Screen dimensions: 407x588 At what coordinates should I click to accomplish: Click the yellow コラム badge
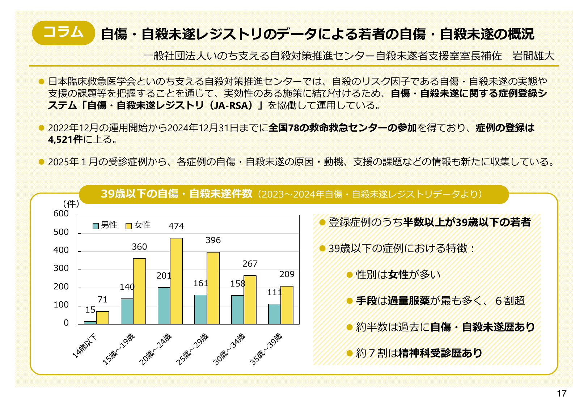(x=63, y=33)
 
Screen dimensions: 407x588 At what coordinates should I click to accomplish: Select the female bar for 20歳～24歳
(x=176, y=281)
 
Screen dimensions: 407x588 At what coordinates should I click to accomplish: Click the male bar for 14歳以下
(x=90, y=322)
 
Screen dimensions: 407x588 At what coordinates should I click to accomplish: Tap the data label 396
(x=213, y=240)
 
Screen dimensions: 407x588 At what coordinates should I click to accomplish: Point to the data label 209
(x=287, y=274)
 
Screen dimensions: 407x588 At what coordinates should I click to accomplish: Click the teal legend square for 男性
(x=96, y=226)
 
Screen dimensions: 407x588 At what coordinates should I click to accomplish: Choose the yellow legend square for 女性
(x=128, y=226)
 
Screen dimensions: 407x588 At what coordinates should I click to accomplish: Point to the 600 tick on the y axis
(x=61, y=213)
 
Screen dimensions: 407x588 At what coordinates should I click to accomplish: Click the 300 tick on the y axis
(x=61, y=268)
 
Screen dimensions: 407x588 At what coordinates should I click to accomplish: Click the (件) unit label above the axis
(x=71, y=204)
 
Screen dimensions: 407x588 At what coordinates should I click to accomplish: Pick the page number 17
(x=562, y=394)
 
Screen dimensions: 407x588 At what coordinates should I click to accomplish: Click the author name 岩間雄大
(x=533, y=56)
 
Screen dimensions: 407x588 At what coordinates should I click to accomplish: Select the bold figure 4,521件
(x=65, y=140)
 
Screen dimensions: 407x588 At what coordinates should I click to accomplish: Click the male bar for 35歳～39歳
(x=274, y=314)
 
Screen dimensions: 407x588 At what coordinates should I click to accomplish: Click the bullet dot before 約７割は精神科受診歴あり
(x=349, y=353)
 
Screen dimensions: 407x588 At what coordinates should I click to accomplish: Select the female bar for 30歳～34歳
(x=250, y=300)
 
